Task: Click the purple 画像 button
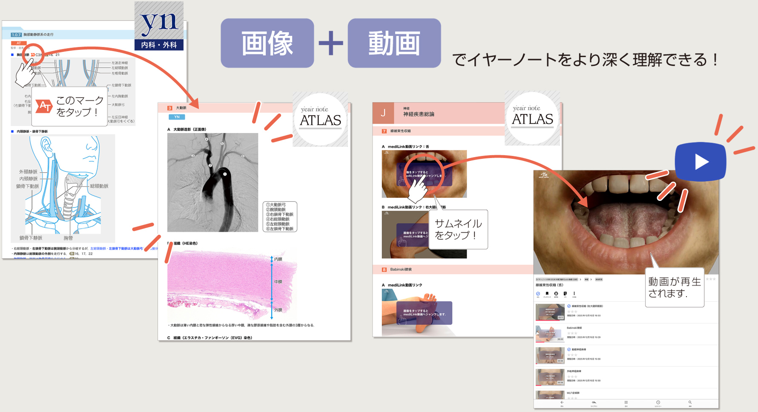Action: tap(267, 43)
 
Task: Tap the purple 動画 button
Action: tap(394, 43)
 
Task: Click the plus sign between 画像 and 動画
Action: tap(331, 43)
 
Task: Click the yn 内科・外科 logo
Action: tap(159, 26)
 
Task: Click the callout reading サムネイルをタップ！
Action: tap(458, 229)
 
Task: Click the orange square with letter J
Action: tap(383, 113)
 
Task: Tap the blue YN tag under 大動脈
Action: tap(177, 117)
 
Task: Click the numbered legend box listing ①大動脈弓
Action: tap(280, 217)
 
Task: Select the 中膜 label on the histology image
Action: tap(278, 282)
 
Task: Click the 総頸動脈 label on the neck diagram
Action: tap(99, 186)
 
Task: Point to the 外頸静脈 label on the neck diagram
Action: tap(28, 172)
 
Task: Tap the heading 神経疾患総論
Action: tap(419, 114)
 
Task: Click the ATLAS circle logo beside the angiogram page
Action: tap(320, 119)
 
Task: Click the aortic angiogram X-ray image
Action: tap(212, 182)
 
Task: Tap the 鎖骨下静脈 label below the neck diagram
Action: tap(31, 238)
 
